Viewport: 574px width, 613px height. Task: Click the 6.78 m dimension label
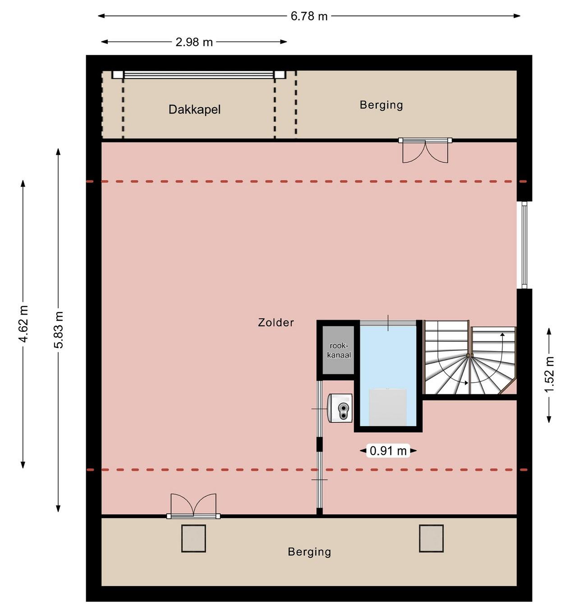coord(309,16)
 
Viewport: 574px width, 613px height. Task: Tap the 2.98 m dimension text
coord(194,42)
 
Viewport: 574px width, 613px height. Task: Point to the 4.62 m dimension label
coord(23,324)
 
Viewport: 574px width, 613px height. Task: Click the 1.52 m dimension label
coord(549,374)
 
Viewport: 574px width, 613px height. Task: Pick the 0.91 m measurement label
coord(388,451)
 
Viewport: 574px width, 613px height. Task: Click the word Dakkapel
coord(194,109)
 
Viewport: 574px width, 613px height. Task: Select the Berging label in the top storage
coord(381,105)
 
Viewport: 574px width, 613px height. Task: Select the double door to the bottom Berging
coord(194,507)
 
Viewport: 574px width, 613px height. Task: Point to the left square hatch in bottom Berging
coord(194,538)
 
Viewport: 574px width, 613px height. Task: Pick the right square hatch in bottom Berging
coord(431,538)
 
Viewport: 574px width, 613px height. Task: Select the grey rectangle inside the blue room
coord(388,407)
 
